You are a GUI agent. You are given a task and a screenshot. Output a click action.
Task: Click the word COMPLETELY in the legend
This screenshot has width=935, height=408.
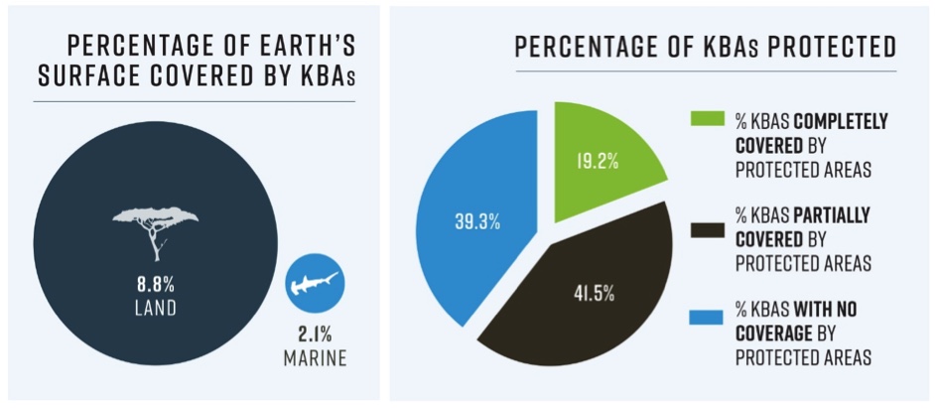pos(833,122)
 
